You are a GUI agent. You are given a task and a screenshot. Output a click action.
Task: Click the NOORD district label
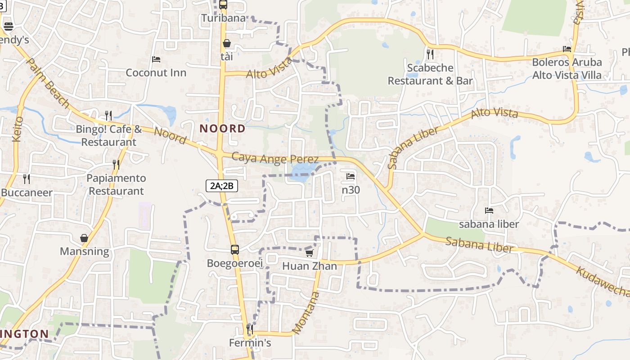coord(223,129)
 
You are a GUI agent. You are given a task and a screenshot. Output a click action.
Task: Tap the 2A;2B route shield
coord(221,185)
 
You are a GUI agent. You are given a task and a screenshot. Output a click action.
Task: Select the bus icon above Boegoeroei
coord(234,250)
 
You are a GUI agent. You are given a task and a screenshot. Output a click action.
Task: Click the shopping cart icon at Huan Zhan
coord(309,253)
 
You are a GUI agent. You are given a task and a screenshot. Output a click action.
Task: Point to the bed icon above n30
coord(351,176)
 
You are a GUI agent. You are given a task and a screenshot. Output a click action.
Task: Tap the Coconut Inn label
coord(156,72)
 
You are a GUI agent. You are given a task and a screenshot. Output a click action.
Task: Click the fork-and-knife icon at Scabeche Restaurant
coord(430,54)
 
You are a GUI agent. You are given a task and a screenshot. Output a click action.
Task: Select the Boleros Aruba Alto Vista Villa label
coord(567,68)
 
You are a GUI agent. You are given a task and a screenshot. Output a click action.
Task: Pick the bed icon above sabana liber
coord(489,210)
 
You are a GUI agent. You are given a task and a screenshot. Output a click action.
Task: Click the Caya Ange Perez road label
coord(275,158)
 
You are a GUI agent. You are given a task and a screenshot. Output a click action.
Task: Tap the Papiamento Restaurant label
coord(116,184)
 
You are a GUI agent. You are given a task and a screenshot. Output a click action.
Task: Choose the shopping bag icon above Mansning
coord(84,238)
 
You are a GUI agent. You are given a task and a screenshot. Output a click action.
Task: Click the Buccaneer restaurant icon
coord(27,179)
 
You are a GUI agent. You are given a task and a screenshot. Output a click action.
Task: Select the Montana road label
coord(306,313)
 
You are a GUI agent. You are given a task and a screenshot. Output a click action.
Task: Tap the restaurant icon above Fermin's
coord(250,329)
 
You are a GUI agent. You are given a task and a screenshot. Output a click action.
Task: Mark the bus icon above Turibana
coord(223,5)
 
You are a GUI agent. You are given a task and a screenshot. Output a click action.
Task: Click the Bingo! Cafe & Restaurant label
coord(108,135)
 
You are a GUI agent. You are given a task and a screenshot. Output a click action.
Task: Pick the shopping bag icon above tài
coord(227,43)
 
